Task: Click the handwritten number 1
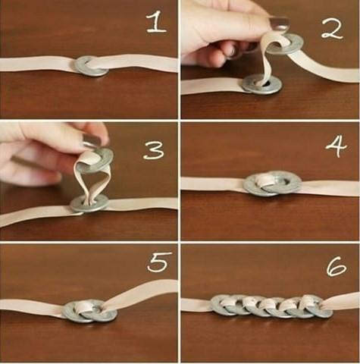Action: click(156, 23)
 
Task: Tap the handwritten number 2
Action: click(332, 30)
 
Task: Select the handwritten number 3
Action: click(154, 150)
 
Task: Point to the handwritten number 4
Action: click(337, 146)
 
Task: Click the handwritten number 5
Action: click(158, 262)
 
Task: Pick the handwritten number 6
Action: click(337, 267)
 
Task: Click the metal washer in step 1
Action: click(92, 66)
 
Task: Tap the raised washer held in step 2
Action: click(285, 43)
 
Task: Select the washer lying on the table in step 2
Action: click(261, 85)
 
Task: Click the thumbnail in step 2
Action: click(280, 23)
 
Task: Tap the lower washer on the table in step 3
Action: click(89, 203)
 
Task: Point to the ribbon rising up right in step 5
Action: click(142, 293)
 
